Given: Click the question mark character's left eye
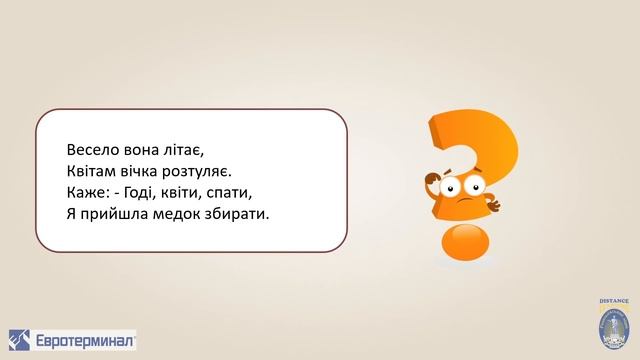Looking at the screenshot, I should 451,188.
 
